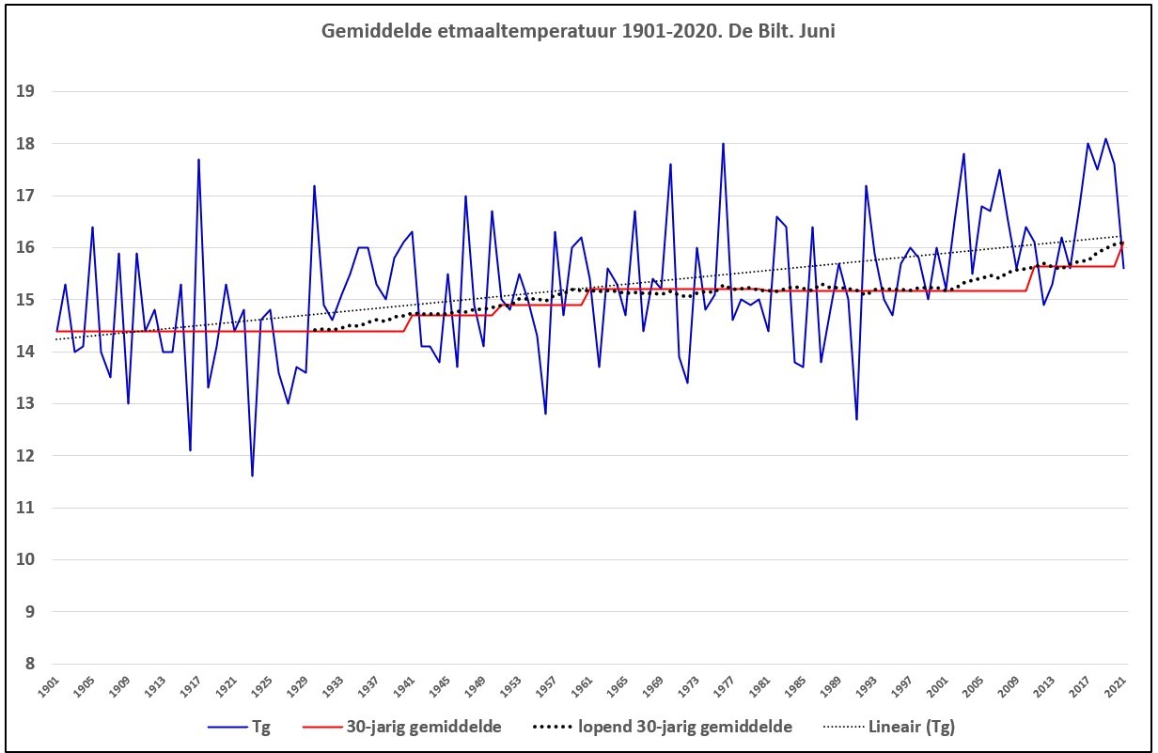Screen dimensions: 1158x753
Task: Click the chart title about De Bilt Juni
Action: tap(578, 31)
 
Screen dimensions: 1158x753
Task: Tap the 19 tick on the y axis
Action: tap(24, 91)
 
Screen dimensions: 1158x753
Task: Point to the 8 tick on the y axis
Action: tap(29, 664)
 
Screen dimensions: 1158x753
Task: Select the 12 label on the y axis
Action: tap(24, 456)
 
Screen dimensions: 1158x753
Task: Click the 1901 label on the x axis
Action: tap(49, 688)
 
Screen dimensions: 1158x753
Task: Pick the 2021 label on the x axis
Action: tap(1116, 688)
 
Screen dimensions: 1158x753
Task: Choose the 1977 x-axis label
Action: tap(725, 688)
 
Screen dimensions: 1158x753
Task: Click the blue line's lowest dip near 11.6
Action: tap(252, 476)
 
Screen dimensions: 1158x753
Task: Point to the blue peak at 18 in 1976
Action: tap(723, 144)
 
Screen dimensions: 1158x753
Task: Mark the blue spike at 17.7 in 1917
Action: tap(198, 159)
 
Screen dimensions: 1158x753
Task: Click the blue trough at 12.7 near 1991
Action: tap(856, 419)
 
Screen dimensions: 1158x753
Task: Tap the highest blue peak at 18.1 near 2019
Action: tap(1105, 138)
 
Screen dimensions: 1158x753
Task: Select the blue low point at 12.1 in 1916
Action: tap(190, 450)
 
